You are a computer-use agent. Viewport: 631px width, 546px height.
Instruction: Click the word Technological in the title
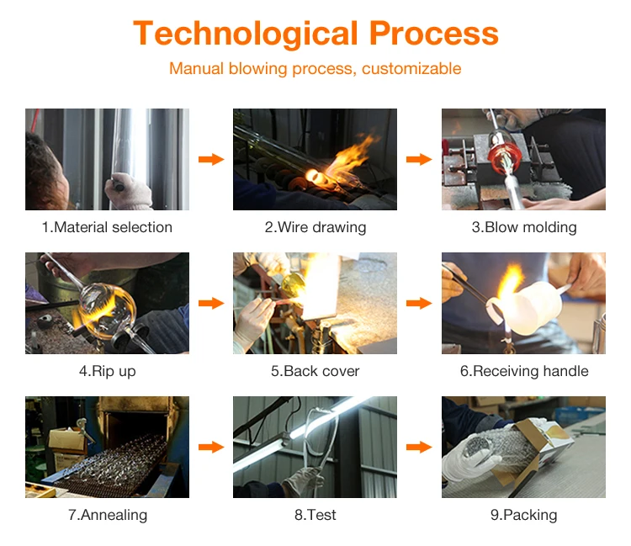coord(246,34)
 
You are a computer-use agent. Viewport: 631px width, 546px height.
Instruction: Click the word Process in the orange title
coord(434,33)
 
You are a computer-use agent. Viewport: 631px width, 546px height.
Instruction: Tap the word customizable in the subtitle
coord(411,68)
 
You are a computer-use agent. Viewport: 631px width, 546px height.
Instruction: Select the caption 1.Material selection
coord(107,227)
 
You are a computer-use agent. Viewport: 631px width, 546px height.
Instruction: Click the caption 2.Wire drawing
coord(315,227)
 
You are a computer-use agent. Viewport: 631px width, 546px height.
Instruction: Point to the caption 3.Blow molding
coord(524,227)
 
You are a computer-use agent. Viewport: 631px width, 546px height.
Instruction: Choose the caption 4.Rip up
coord(108,371)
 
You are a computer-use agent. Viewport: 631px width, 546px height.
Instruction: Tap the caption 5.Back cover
coord(315,371)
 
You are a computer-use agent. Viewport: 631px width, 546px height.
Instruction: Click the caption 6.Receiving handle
coord(524,371)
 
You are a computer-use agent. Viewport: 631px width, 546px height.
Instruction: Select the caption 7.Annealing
coord(108,515)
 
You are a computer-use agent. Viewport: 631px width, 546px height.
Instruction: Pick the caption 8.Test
coord(315,515)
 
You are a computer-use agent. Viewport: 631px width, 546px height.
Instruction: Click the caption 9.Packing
coord(523,515)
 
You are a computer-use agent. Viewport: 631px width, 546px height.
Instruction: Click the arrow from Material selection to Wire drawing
coord(211,159)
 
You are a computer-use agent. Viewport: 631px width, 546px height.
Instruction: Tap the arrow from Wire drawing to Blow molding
coord(419,159)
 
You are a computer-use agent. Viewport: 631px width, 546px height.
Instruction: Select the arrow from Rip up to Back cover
coord(211,303)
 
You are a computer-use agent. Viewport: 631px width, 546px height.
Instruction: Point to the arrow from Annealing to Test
coord(211,447)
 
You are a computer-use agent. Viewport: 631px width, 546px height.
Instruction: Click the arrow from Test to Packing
coord(419,447)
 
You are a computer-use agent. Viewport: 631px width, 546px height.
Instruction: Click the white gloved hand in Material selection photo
coord(129,191)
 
